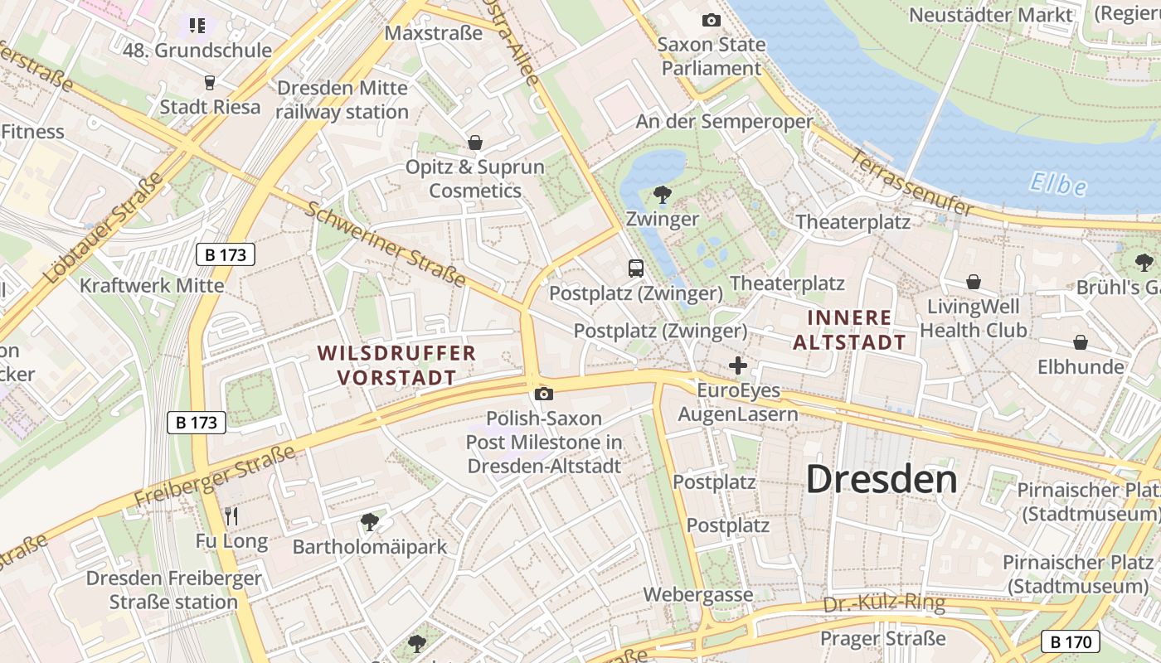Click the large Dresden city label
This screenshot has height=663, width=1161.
tap(882, 479)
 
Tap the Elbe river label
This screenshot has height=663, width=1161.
tap(1058, 183)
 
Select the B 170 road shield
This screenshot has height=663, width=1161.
tap(1071, 641)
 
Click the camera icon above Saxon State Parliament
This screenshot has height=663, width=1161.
tap(711, 21)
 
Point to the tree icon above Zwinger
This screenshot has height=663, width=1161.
tap(662, 196)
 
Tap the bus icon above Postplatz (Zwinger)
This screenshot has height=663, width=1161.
tap(636, 269)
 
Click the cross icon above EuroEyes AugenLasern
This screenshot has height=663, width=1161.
tap(737, 365)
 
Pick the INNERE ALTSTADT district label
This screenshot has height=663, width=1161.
tap(850, 329)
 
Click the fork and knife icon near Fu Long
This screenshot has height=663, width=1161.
tap(231, 516)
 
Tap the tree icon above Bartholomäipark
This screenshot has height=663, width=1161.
tap(370, 522)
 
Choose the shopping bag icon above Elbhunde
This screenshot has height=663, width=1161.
tap(1081, 342)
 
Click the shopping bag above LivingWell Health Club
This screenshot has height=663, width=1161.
tap(974, 283)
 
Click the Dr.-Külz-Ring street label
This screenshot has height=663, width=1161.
tap(884, 603)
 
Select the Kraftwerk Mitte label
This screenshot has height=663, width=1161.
tap(152, 286)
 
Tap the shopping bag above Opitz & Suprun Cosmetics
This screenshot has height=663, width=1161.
tap(475, 143)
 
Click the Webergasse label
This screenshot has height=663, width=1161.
tap(698, 594)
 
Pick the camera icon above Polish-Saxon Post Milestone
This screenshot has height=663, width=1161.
tap(544, 394)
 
